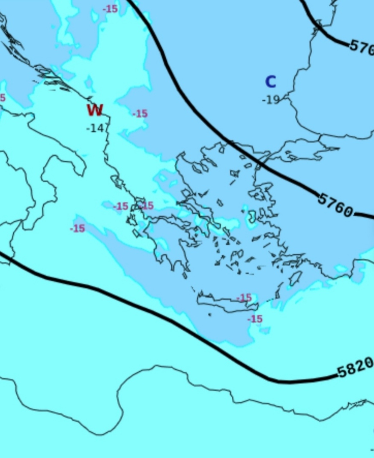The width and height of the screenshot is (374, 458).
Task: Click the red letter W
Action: pyautogui.click(x=95, y=110)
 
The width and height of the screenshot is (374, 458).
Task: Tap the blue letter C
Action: pyautogui.click(x=270, y=81)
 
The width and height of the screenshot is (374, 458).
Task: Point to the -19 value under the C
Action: pyautogui.click(x=271, y=100)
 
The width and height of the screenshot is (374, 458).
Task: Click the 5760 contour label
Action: pyautogui.click(x=335, y=205)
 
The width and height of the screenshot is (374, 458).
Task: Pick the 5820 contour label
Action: pyautogui.click(x=355, y=368)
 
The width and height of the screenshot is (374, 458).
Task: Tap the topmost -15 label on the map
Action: pyautogui.click(x=110, y=9)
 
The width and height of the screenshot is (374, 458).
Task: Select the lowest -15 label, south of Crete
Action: pyautogui.click(x=254, y=319)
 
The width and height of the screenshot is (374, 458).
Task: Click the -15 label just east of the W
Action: pyautogui.click(x=140, y=114)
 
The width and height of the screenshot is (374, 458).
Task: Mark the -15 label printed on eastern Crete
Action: pyautogui.click(x=244, y=298)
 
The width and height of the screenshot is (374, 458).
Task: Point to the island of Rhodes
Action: pyautogui.click(x=295, y=278)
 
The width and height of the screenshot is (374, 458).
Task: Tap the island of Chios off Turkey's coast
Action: pyautogui.click(x=251, y=216)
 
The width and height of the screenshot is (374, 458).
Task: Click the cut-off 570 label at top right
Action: pyautogui.click(x=362, y=47)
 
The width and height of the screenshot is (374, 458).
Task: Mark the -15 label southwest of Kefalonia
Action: pyautogui.click(x=78, y=229)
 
